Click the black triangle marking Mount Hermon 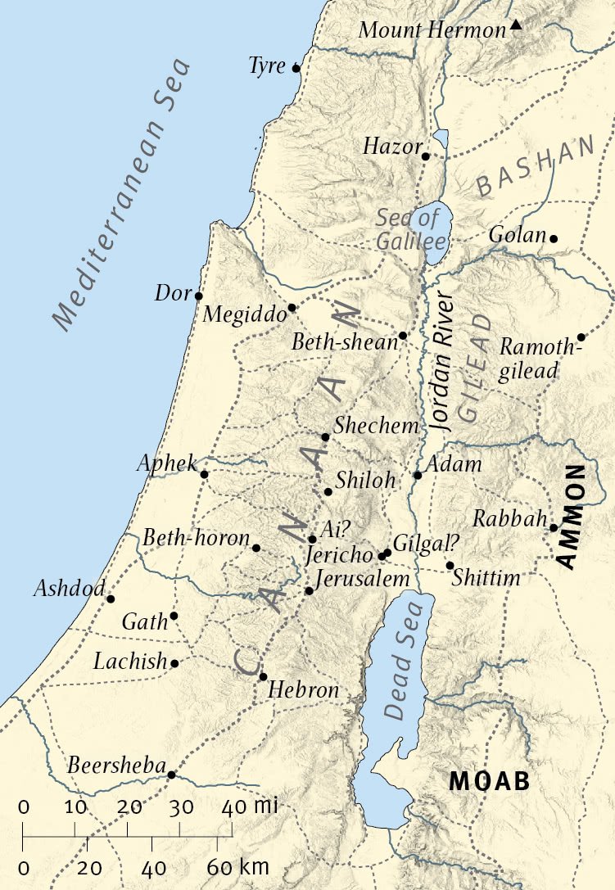[515, 25]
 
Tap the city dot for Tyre [296, 69]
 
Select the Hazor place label [390, 147]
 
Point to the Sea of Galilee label [411, 229]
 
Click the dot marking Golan [554, 238]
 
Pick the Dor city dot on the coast [198, 296]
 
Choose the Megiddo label [243, 314]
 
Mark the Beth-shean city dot [402, 336]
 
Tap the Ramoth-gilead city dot [581, 337]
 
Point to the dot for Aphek [204, 474]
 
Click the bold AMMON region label [575, 516]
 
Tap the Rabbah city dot [554, 527]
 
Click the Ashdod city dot [111, 599]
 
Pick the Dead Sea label [407, 660]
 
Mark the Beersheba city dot [171, 774]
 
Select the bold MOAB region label [489, 780]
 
